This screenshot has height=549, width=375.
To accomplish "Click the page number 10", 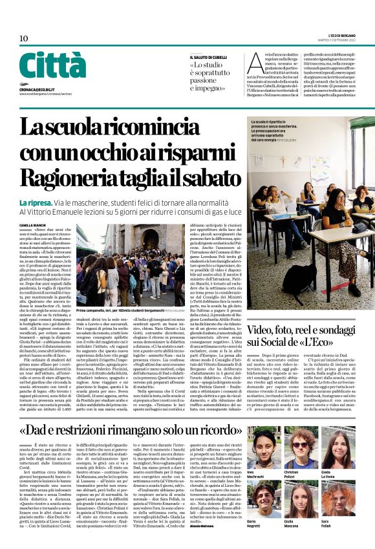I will coord(23,38).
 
